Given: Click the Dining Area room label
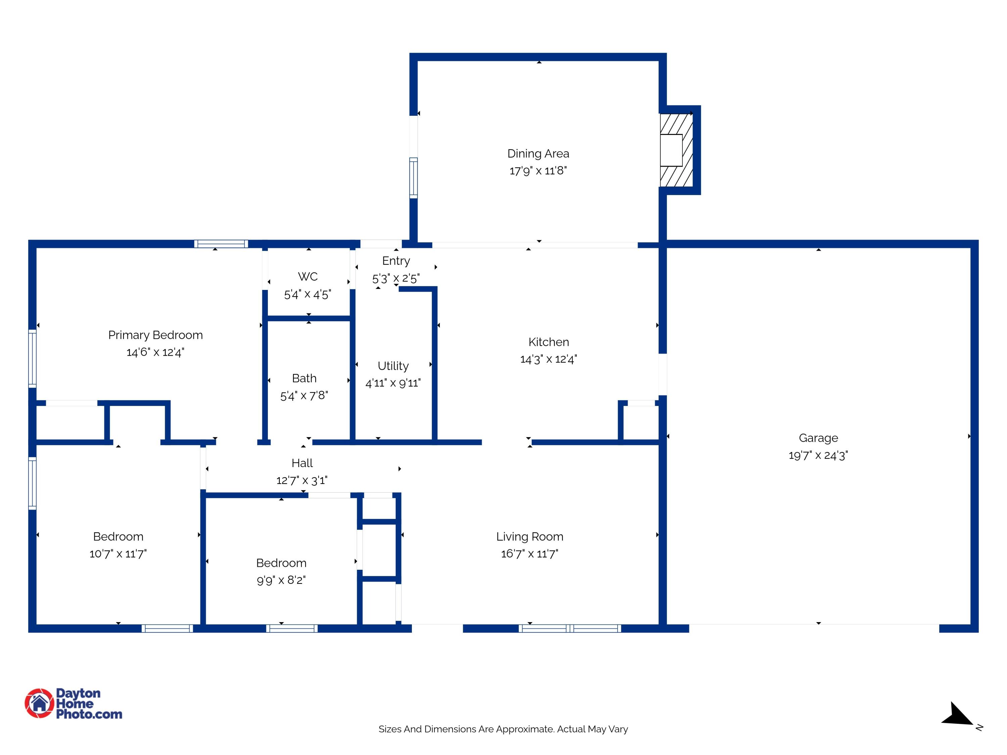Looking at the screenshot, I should (x=538, y=153).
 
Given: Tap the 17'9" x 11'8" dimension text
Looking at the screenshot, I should (x=538, y=171).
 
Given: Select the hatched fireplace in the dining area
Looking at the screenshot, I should (x=676, y=150).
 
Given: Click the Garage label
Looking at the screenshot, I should (x=818, y=438).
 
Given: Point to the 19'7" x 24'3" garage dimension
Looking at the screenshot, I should (x=818, y=455).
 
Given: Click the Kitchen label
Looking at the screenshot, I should (x=548, y=342).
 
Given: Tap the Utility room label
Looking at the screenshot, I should (x=393, y=366).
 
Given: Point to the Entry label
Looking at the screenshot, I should (x=396, y=261).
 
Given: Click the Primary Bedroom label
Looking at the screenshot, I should (x=155, y=335).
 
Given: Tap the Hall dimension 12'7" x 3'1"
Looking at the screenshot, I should (x=302, y=480).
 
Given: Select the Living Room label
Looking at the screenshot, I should (x=529, y=537).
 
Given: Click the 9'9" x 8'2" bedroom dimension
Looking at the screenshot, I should (x=281, y=580).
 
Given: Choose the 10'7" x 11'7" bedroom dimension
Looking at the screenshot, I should (x=118, y=554).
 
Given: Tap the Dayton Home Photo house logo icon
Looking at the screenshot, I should (x=39, y=703).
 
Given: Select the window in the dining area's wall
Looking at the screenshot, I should (x=413, y=178).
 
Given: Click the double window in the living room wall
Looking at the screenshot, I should (x=570, y=628).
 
